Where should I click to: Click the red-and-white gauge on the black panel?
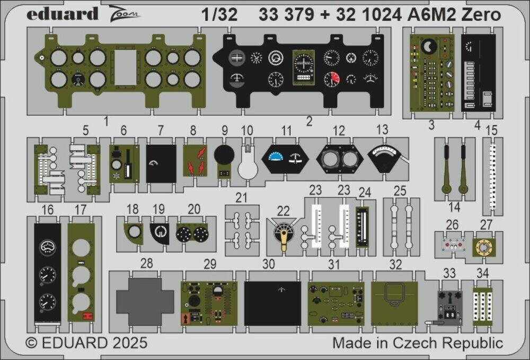tap(331, 80)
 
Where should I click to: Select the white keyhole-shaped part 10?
tap(247, 166)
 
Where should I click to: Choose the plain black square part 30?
tap(272, 303)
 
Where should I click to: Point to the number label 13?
tap(382, 130)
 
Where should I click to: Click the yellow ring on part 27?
tap(483, 246)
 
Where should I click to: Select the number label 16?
tap(48, 210)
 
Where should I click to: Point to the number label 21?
tap(242, 198)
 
